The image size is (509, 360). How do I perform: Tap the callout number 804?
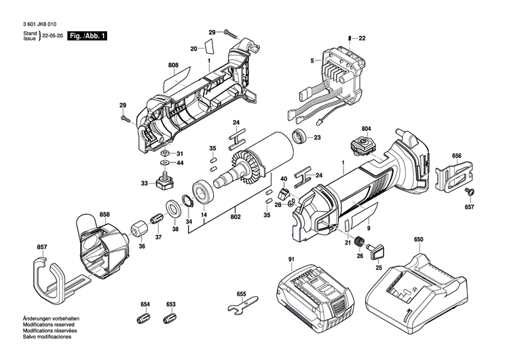click(366, 128)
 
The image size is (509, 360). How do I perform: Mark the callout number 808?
click(174, 66)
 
